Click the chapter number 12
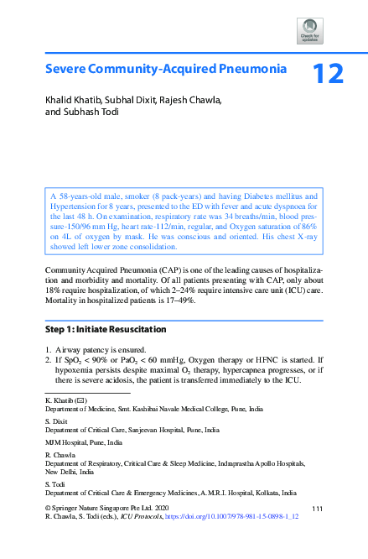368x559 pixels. pos(327,73)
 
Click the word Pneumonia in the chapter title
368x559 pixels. pos(250,69)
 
